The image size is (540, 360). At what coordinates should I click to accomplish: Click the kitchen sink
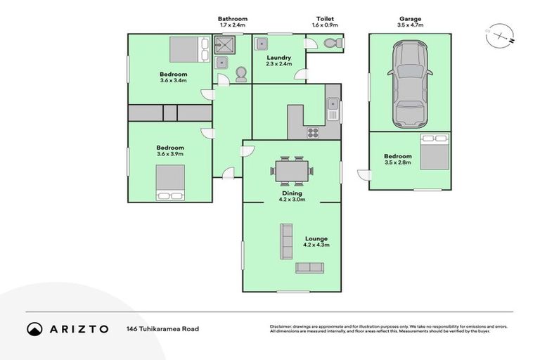[x=333, y=110]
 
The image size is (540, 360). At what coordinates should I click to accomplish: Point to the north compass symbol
[x=499, y=34]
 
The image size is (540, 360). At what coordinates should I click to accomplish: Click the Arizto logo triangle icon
[x=35, y=328]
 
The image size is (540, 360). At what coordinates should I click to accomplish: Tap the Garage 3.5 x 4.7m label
[x=410, y=22]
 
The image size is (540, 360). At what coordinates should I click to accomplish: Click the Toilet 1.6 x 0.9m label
[x=325, y=22]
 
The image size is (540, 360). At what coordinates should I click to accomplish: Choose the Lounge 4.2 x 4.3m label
[x=316, y=243]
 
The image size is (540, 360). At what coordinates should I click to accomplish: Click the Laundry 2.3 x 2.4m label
[x=278, y=60]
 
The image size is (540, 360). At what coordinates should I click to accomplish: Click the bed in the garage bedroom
[x=434, y=152]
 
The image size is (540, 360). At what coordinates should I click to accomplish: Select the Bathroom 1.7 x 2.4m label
[x=233, y=22]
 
